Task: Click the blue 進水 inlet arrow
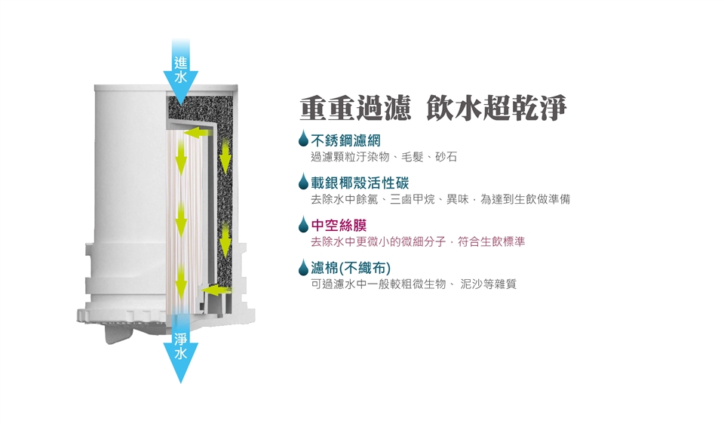pos(181,72)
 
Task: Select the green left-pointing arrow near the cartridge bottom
pos(216,288)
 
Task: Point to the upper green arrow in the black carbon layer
pos(225,156)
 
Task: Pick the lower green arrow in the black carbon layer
pos(225,240)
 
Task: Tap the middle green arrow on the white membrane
pos(181,220)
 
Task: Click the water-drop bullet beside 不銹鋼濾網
pos(303,139)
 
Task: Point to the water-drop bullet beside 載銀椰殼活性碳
pos(303,181)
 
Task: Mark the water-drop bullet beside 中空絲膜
pos(303,223)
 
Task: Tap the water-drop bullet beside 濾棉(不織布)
pos(303,266)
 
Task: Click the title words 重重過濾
pos(354,109)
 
